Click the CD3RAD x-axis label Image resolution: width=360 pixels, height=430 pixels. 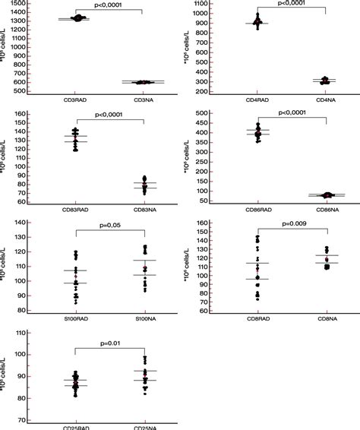[75, 100]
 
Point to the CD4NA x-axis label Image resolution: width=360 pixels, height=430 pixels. [327, 100]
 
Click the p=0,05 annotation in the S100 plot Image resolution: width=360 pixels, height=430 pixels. [110, 226]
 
